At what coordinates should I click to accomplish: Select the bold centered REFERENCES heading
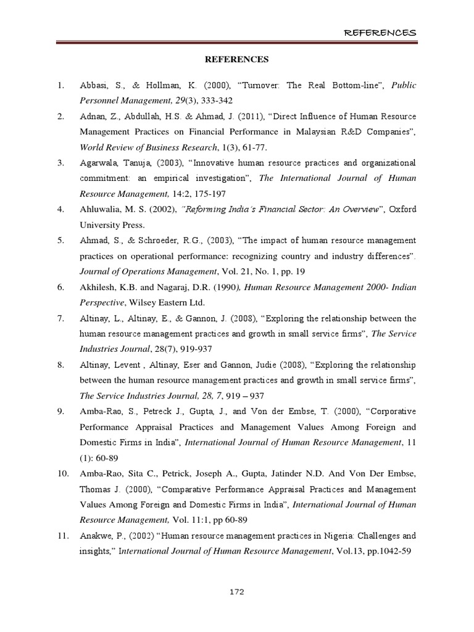point(237,60)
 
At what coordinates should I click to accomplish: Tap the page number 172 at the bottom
point(237,592)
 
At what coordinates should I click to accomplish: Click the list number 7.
point(60,318)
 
